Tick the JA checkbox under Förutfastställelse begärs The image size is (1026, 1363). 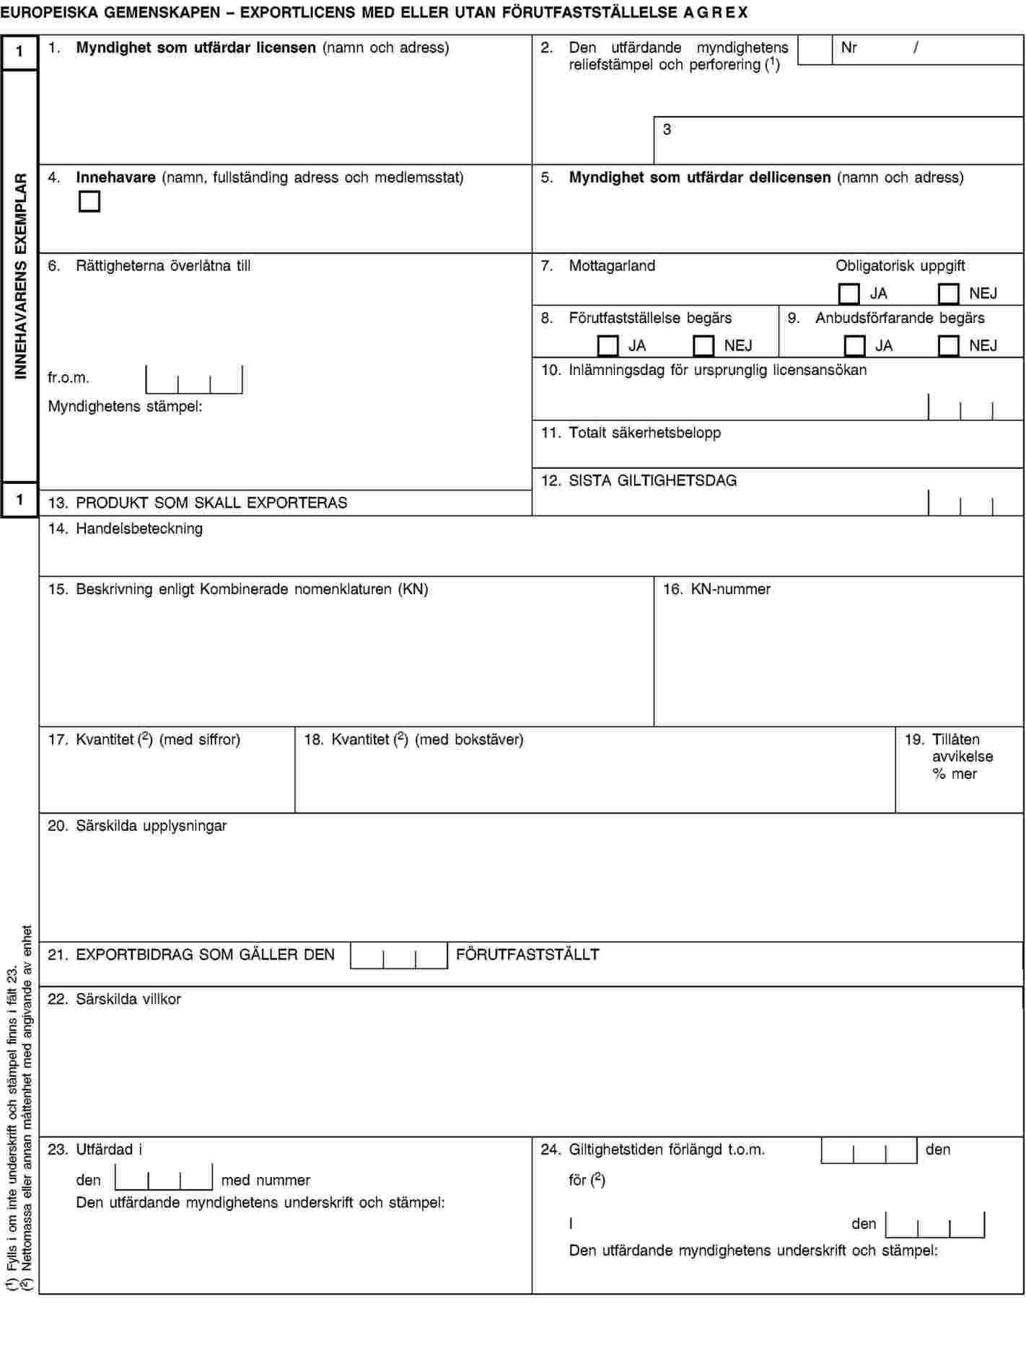(x=608, y=345)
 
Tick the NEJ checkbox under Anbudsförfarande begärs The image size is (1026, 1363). (x=949, y=345)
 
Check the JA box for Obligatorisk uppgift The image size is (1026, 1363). (x=849, y=294)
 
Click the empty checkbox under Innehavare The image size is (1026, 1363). (x=89, y=201)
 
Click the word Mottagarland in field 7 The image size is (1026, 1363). (x=612, y=265)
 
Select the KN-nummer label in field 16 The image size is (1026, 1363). (x=730, y=589)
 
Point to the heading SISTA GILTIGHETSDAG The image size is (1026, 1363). (x=652, y=480)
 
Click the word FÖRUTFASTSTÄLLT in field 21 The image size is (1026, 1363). (x=527, y=954)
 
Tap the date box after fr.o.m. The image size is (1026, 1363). (x=194, y=380)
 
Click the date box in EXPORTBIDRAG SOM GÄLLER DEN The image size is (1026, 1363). (x=399, y=956)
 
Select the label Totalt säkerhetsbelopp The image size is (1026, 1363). (x=644, y=433)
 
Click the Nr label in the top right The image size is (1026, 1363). (x=849, y=48)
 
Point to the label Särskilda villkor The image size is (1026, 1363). (x=128, y=999)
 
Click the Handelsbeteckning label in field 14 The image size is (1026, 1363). (x=139, y=529)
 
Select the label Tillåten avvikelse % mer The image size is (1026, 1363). (x=961, y=757)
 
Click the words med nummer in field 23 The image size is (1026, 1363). (x=266, y=1180)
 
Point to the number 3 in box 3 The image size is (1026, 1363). (x=667, y=129)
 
